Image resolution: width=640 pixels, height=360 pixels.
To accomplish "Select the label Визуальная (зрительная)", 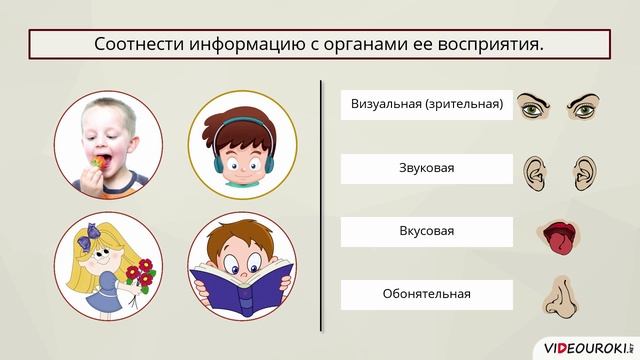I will pyautogui.click(x=427, y=104).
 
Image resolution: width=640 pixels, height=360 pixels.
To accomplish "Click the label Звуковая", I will pyautogui.click(x=427, y=168).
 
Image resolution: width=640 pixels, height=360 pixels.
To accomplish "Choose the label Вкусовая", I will pyautogui.click(x=427, y=231).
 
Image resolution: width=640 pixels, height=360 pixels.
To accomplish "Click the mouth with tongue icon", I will pyautogui.click(x=559, y=235).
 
